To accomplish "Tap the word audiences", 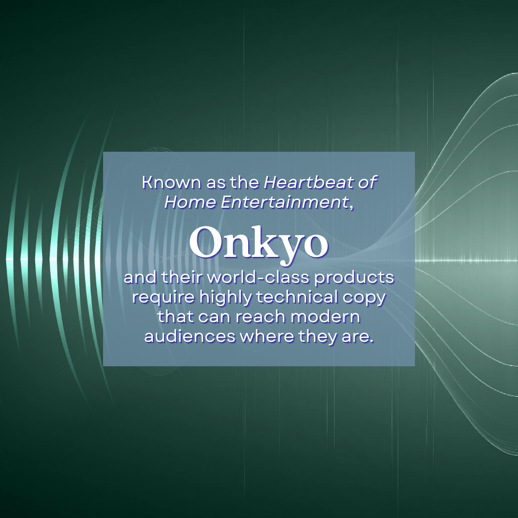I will [x=189, y=337].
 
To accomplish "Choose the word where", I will [x=267, y=337].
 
